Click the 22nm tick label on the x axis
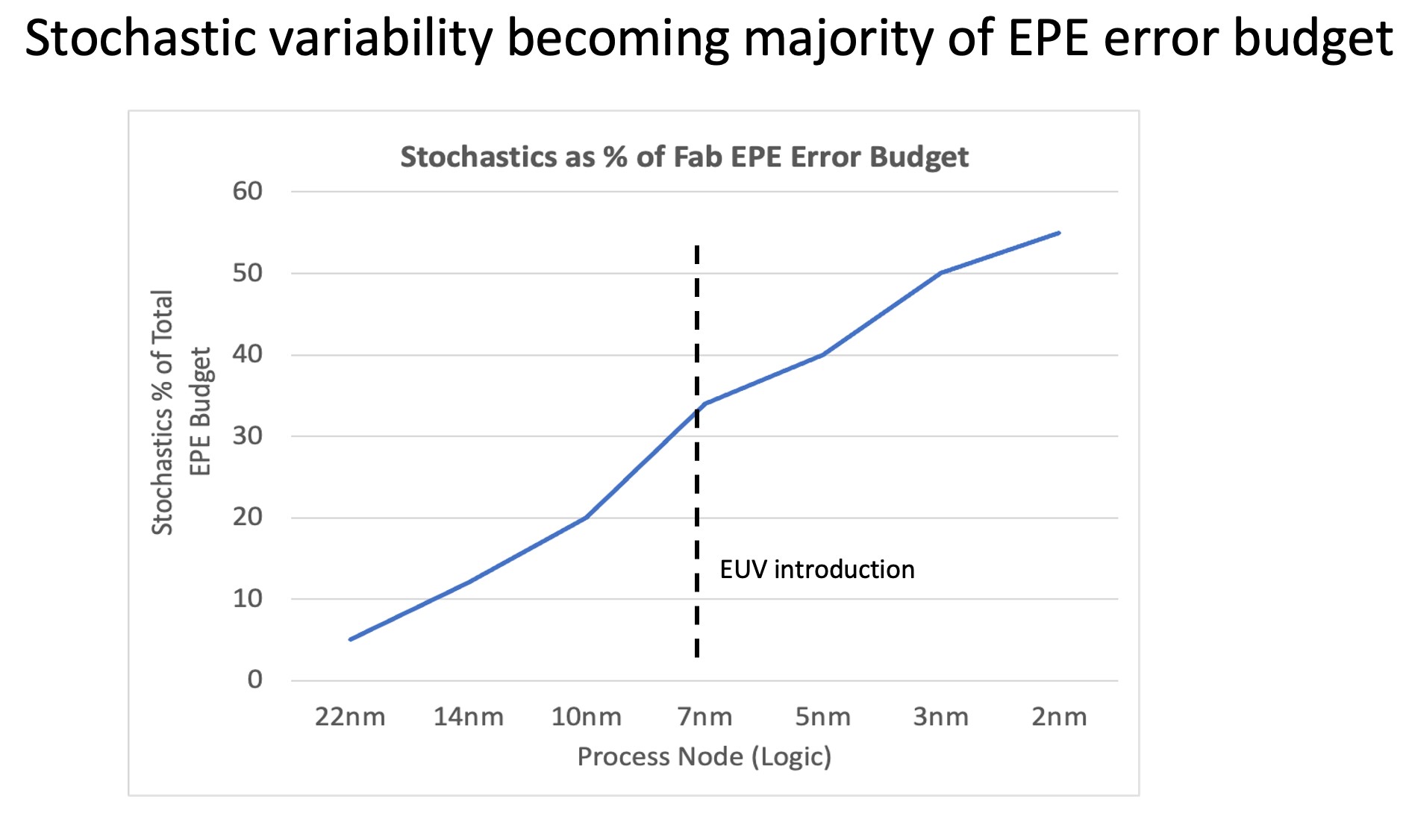tap(350, 717)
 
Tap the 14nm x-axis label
tap(469, 717)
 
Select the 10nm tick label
tap(587, 717)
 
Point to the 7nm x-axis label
tap(704, 717)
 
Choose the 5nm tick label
tap(822, 717)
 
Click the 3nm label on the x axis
tap(940, 717)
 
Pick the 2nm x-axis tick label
tap(1059, 717)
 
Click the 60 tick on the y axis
tap(248, 192)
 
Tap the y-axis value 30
tap(248, 436)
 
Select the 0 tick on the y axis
tap(255, 680)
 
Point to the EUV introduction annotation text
tap(816, 570)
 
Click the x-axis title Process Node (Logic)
tap(704, 756)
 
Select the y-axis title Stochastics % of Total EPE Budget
tap(181, 412)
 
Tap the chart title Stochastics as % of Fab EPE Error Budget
tap(684, 157)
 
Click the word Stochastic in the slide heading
tap(143, 39)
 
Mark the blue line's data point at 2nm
tap(1059, 233)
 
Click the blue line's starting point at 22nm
tap(350, 639)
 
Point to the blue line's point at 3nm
tap(940, 273)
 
